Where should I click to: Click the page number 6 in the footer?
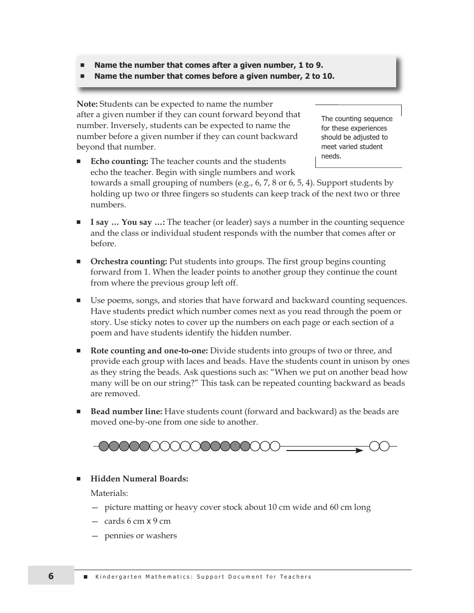(51, 576)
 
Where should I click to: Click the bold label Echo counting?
(119, 161)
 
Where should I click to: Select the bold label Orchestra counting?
(129, 262)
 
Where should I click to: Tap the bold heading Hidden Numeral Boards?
(139, 479)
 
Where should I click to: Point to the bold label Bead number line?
(126, 412)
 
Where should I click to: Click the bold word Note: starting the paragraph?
(87, 104)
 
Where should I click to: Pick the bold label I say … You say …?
(128, 222)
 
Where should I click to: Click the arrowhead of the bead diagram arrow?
(359, 451)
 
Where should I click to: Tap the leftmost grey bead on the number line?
(104, 446)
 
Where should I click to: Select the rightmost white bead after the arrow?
(384, 446)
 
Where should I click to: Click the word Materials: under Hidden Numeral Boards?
(109, 493)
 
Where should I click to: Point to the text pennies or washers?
(141, 536)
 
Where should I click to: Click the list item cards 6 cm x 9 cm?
(137, 521)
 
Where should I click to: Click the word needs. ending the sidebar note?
(331, 156)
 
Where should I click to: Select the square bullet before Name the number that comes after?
(83, 65)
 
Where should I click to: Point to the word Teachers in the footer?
(295, 577)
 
